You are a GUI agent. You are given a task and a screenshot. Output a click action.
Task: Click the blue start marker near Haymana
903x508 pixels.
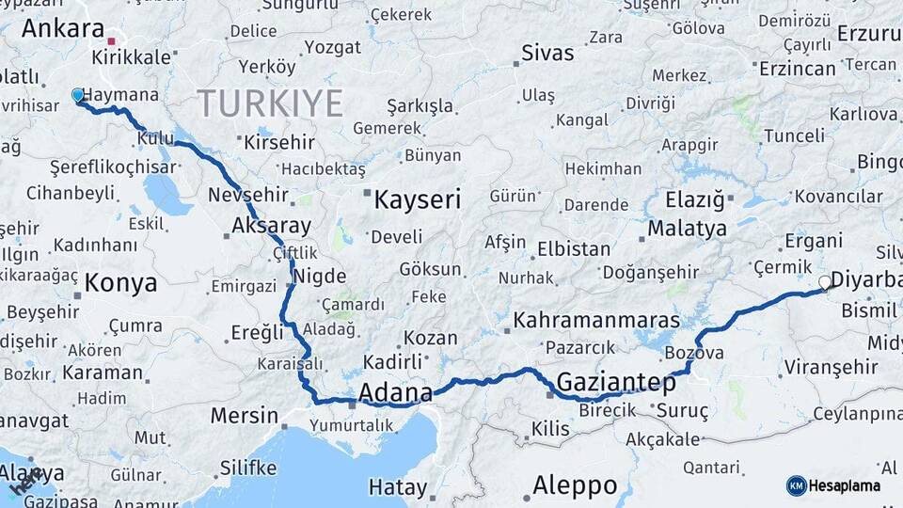point(78,94)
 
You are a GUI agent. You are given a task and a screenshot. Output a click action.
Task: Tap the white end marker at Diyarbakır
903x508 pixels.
point(825,281)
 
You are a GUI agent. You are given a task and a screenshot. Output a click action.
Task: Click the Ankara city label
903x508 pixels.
point(62,28)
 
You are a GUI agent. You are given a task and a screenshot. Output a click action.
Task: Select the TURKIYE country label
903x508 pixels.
point(269,103)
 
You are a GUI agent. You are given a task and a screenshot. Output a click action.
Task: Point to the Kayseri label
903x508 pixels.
point(417,199)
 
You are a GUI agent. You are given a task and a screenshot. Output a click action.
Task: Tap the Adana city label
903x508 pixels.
point(395,391)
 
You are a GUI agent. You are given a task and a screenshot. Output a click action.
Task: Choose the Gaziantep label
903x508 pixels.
point(616,383)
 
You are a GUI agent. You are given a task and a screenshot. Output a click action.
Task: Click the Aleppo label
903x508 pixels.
point(575,485)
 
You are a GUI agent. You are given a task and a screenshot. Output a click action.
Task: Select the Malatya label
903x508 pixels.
point(688,229)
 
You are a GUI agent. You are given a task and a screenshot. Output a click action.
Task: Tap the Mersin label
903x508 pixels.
point(244,415)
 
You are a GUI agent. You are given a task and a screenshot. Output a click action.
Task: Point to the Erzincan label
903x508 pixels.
point(798,69)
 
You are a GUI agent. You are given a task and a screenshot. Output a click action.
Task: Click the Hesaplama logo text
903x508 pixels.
point(848,485)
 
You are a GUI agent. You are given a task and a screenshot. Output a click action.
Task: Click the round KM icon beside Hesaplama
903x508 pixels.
point(796,485)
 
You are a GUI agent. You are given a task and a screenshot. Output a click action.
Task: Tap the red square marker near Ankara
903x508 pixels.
point(111,41)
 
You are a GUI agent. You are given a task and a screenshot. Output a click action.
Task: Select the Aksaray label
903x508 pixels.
point(271,226)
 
